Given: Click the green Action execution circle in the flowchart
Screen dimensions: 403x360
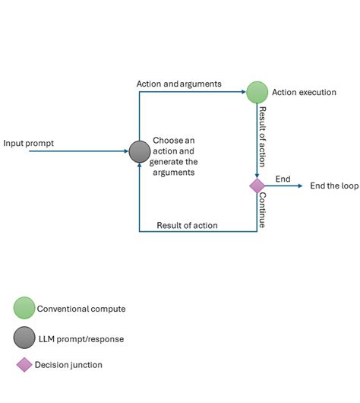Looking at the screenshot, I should tap(257, 92).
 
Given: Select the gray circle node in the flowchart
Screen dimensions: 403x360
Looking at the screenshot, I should tap(140, 151).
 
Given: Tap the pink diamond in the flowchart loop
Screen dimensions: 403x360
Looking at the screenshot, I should tap(257, 186).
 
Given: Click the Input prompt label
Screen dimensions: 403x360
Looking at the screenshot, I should tap(28, 143).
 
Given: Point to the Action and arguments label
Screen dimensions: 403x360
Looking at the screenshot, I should tap(179, 84).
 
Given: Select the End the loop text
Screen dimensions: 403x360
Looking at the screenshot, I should tap(334, 186).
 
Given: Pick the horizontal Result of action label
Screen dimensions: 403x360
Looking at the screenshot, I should tap(187, 225).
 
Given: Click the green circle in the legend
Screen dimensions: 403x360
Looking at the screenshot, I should tap(24, 308).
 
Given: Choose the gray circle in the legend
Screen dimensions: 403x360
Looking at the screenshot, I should tap(24, 338).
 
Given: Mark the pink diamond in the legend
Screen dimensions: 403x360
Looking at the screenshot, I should tap(24, 365).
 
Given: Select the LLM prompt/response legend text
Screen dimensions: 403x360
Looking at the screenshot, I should tap(82, 338).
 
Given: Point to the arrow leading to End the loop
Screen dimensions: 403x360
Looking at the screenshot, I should tap(284, 186).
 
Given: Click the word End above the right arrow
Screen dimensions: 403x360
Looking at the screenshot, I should tap(283, 179).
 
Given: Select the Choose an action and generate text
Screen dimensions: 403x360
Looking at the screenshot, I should tap(174, 151).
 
